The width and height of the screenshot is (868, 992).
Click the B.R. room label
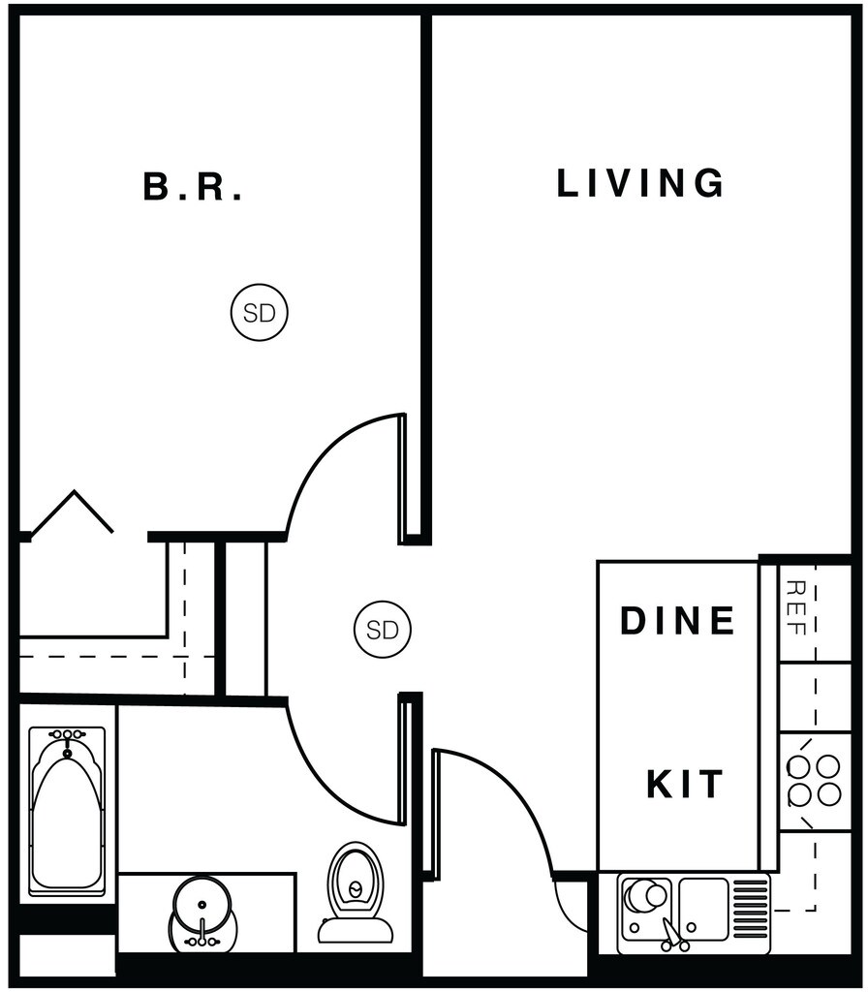[x=193, y=187]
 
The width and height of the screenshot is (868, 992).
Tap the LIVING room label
[x=640, y=183]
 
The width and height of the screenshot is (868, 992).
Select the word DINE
[x=678, y=621]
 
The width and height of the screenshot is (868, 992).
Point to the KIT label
[x=685, y=783]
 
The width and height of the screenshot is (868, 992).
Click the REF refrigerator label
[x=796, y=606]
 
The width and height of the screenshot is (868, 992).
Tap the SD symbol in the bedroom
[x=260, y=313]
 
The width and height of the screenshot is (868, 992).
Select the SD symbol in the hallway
[x=382, y=630]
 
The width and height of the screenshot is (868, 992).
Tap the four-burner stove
[x=814, y=781]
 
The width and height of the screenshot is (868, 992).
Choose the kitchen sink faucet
[x=672, y=934]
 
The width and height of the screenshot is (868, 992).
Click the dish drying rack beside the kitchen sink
[x=751, y=901]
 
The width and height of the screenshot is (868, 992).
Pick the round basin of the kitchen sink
[x=645, y=896]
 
